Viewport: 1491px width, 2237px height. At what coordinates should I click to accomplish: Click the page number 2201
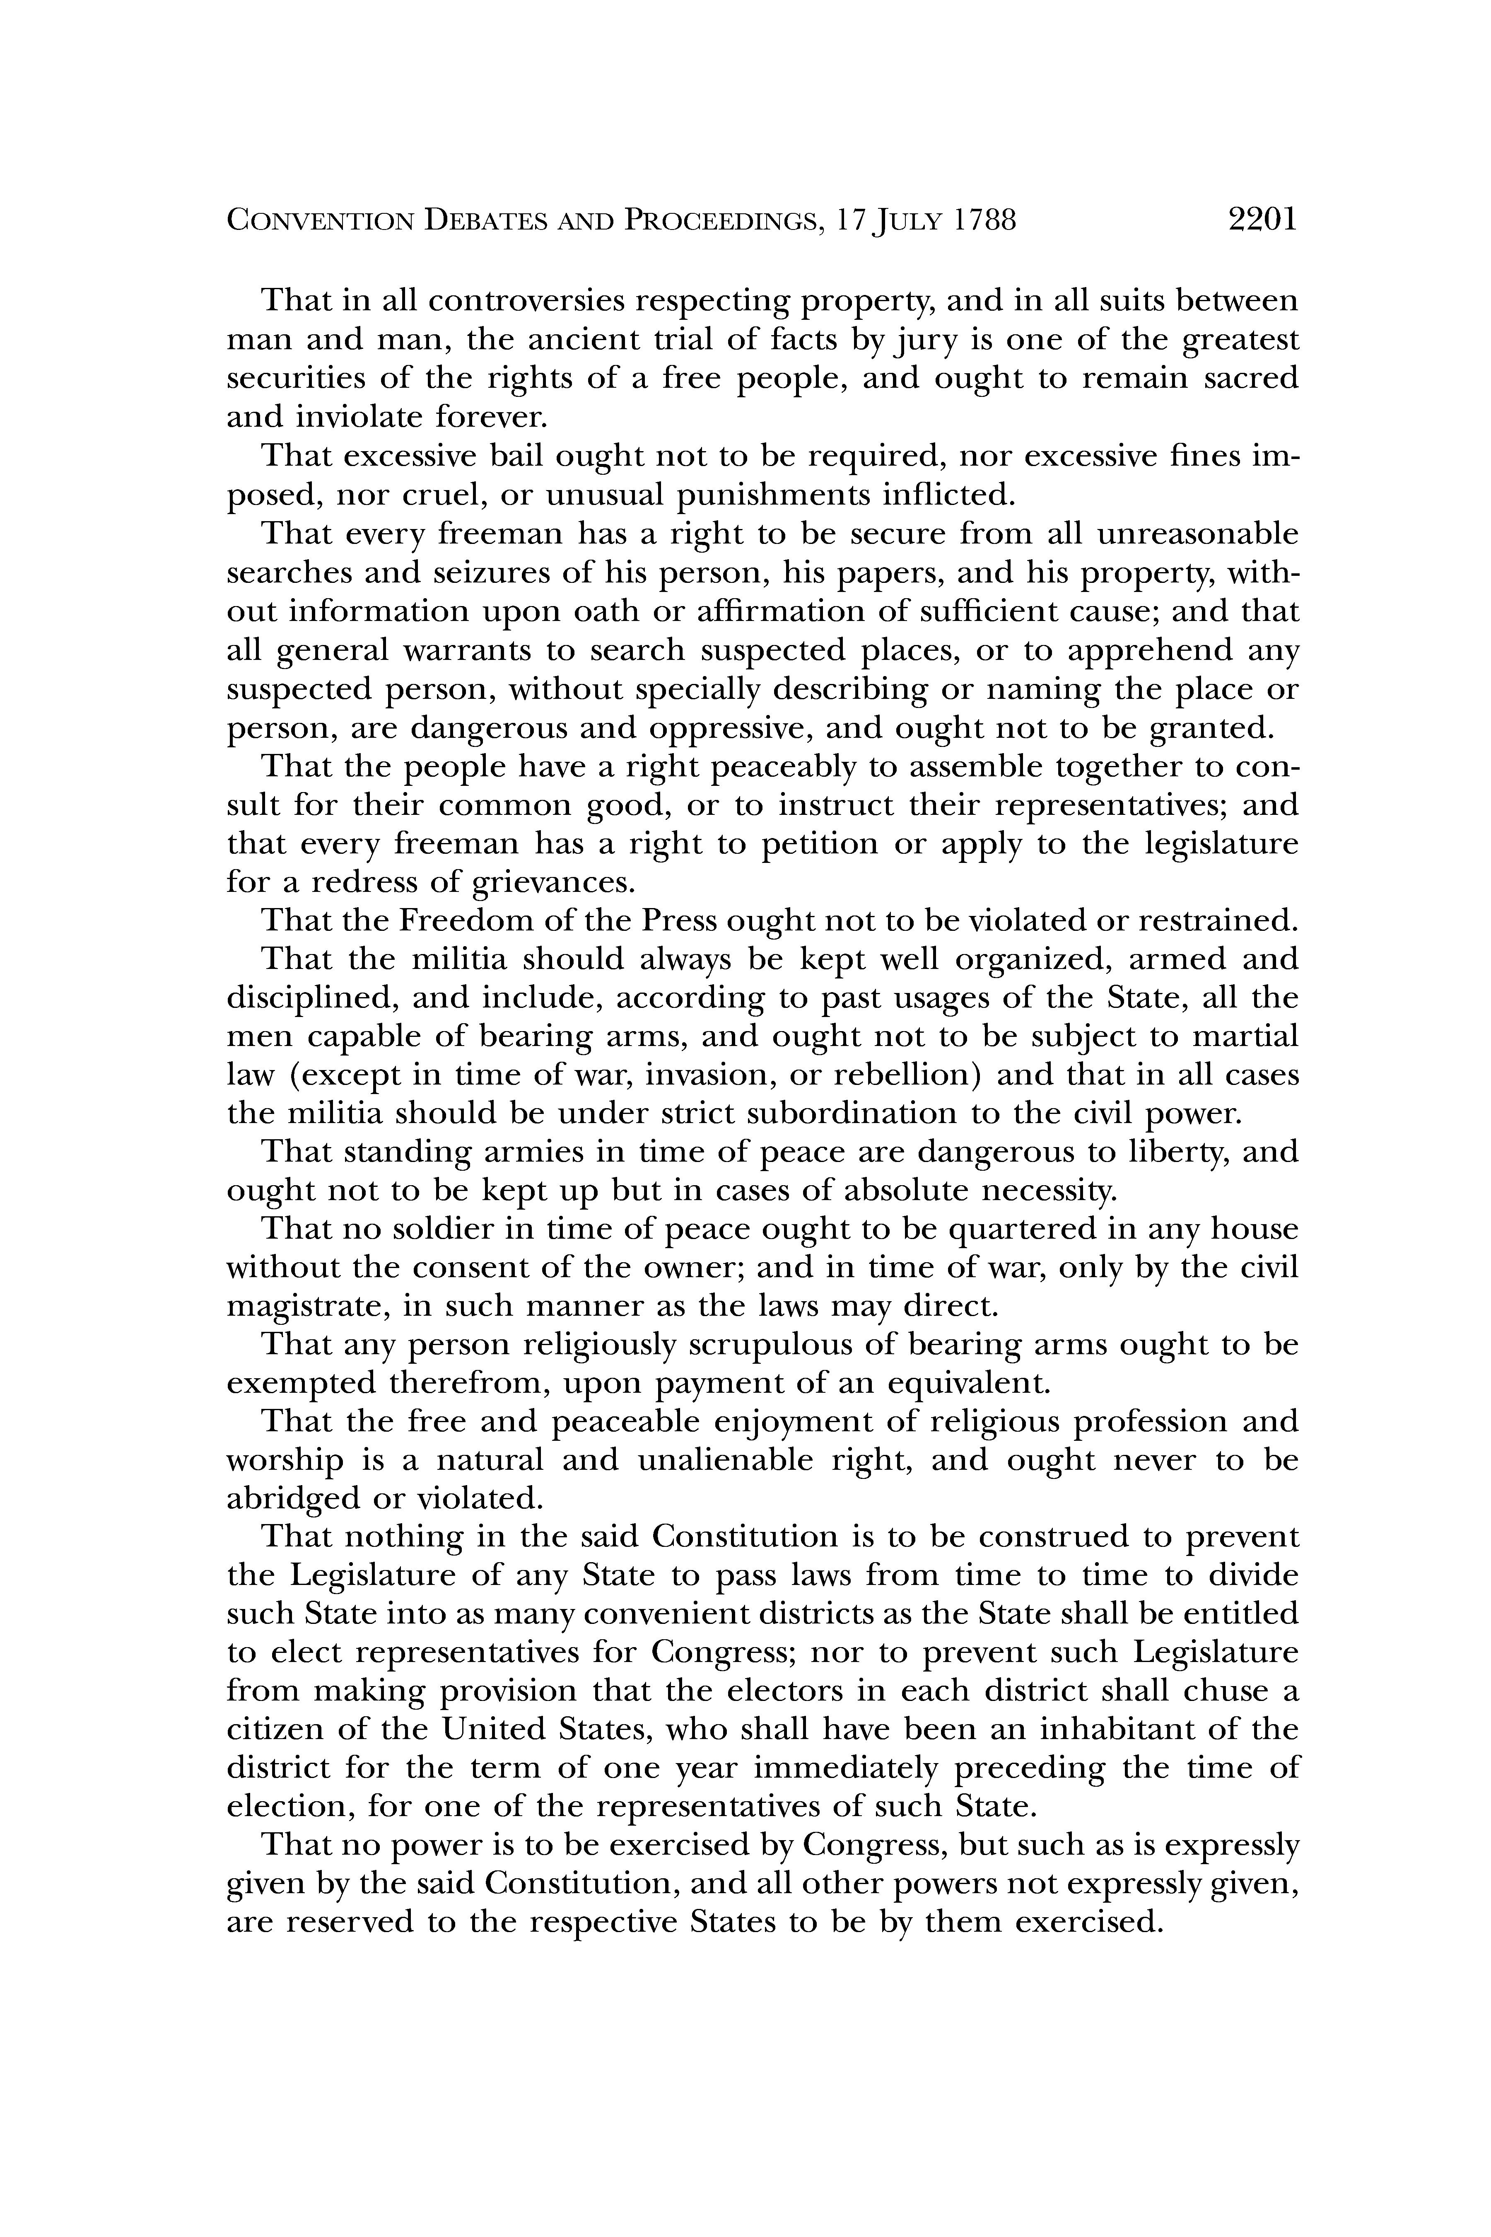[1262, 221]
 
